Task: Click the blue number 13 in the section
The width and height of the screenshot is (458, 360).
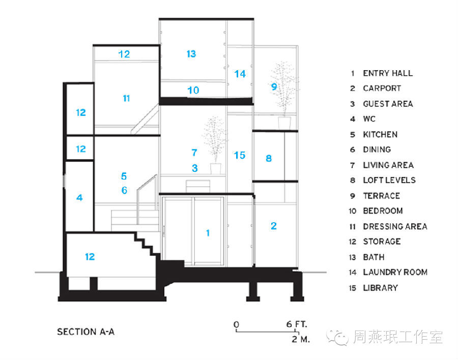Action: pyautogui.click(x=191, y=54)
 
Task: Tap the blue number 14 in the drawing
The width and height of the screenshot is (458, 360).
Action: pyautogui.click(x=240, y=74)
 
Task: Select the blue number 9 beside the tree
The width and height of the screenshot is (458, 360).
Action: pyautogui.click(x=274, y=87)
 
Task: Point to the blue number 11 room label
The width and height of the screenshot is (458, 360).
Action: pyautogui.click(x=126, y=98)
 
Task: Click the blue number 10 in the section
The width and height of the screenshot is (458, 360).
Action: pyautogui.click(x=193, y=91)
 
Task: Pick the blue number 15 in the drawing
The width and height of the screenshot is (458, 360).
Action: pyautogui.click(x=240, y=155)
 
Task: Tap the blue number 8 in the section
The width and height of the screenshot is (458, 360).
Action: pyautogui.click(x=269, y=159)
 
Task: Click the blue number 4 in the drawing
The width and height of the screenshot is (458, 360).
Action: pyautogui.click(x=79, y=197)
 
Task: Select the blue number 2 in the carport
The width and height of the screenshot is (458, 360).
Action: pyautogui.click(x=274, y=226)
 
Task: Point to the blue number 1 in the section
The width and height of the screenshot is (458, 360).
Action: pyautogui.click(x=208, y=233)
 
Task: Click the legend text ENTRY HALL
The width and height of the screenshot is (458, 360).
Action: pyautogui.click(x=388, y=73)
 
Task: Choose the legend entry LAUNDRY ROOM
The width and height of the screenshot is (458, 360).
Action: pyautogui.click(x=395, y=272)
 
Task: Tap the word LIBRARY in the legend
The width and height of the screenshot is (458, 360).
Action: pyautogui.click(x=380, y=288)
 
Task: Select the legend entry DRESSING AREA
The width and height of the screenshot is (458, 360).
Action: pyautogui.click(x=395, y=226)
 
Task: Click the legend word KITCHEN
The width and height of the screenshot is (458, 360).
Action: pyautogui.click(x=380, y=135)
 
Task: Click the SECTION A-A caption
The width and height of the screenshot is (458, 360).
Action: pyautogui.click(x=86, y=332)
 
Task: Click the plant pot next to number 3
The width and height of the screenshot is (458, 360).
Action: pyautogui.click(x=216, y=168)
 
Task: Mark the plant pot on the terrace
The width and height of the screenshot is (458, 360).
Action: pyautogui.click(x=284, y=123)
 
